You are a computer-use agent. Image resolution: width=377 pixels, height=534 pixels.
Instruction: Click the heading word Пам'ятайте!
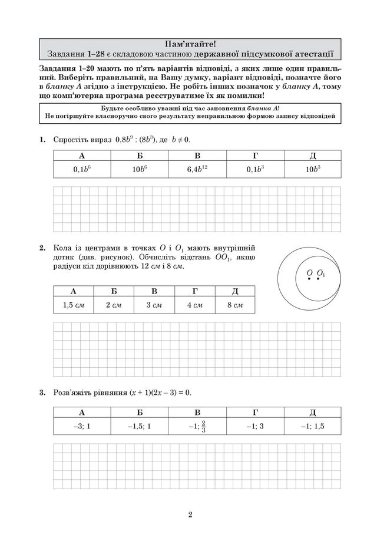tap(190, 43)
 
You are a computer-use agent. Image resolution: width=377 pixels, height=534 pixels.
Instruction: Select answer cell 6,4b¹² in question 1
tap(197, 169)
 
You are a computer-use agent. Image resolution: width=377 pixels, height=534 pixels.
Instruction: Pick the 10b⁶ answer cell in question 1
tap(140, 169)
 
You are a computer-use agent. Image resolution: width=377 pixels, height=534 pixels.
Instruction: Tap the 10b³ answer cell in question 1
tap(312, 169)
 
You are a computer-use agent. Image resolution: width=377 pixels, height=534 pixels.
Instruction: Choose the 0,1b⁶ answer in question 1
tap(82, 169)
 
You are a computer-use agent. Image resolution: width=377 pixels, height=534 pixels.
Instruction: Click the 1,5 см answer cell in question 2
tap(74, 305)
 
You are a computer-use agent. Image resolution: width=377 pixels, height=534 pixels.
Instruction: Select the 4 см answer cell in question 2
tap(194, 305)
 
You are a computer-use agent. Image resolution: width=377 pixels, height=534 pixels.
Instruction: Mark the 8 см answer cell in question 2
tap(234, 305)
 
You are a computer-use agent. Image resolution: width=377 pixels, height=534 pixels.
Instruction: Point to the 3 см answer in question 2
tap(154, 305)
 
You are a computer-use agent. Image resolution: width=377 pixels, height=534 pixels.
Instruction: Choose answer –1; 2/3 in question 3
tap(197, 426)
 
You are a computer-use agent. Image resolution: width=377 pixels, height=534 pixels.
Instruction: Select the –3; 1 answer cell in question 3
tap(82, 426)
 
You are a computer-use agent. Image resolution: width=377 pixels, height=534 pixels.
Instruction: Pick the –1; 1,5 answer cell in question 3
tap(312, 426)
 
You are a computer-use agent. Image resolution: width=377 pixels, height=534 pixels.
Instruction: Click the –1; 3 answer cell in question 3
tap(254, 426)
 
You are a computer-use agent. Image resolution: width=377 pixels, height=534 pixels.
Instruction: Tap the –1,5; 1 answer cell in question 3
tap(140, 426)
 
